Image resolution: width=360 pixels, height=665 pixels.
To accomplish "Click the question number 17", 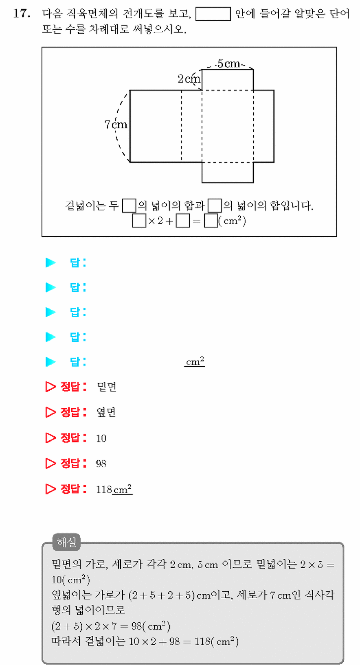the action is (22, 14).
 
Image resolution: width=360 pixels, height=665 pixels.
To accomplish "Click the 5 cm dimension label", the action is (228, 63).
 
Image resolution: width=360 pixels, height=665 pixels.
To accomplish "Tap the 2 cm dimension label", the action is (189, 79).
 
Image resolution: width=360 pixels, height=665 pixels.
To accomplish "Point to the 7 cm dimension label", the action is (116, 125).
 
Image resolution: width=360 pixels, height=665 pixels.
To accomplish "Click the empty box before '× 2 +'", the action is (139, 221).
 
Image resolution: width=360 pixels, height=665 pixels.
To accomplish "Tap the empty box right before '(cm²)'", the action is (211, 221).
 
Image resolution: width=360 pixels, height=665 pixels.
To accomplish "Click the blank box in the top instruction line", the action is (213, 14).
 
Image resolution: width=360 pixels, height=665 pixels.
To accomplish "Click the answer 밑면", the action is (107, 387).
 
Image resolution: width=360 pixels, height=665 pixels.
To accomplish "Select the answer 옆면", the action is (106, 412).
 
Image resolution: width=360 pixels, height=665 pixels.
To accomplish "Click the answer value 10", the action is (101, 438).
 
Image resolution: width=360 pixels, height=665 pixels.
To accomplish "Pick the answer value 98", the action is (101, 464).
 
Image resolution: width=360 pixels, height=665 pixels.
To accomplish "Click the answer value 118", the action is (104, 489).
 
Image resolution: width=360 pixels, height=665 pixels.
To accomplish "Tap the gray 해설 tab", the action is (66, 542).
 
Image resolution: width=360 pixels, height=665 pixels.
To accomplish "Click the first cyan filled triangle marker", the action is (50, 262).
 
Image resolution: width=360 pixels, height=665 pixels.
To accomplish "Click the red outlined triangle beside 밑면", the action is (50, 387).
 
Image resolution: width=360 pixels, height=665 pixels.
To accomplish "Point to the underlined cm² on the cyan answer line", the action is (195, 361).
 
